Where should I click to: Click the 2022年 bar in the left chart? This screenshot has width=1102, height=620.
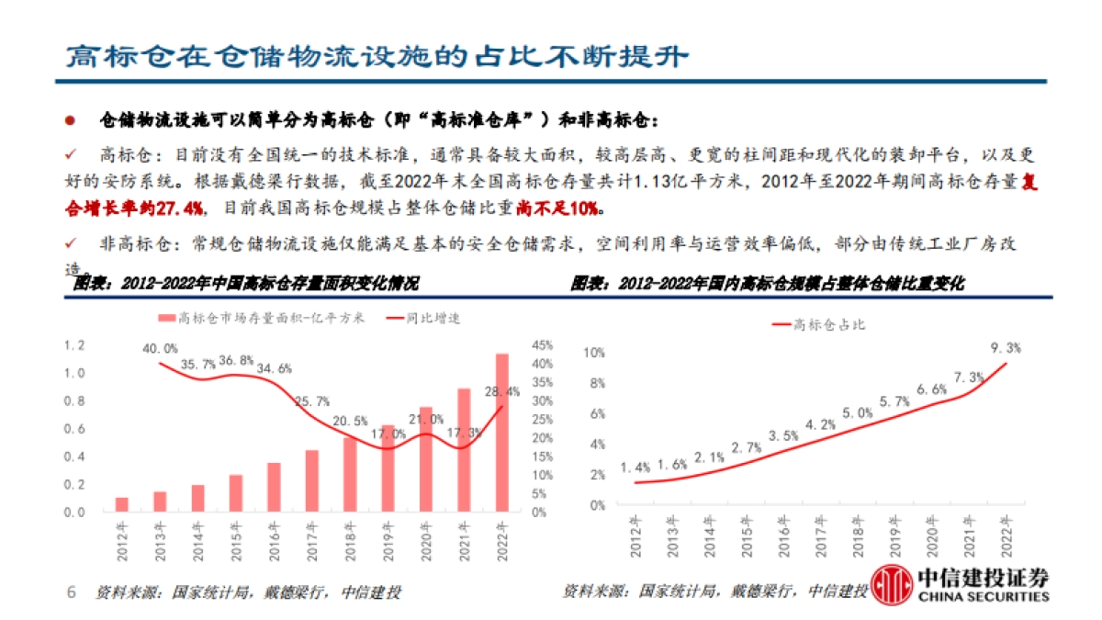point(501,432)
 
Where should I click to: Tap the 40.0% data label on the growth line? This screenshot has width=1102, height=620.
point(160,348)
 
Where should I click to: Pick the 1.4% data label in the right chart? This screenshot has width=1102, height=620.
point(635,468)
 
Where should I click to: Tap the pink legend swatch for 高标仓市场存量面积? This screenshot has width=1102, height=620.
point(166,319)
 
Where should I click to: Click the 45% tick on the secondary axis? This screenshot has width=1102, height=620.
point(543,345)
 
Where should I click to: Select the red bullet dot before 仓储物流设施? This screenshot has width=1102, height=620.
point(69,120)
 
